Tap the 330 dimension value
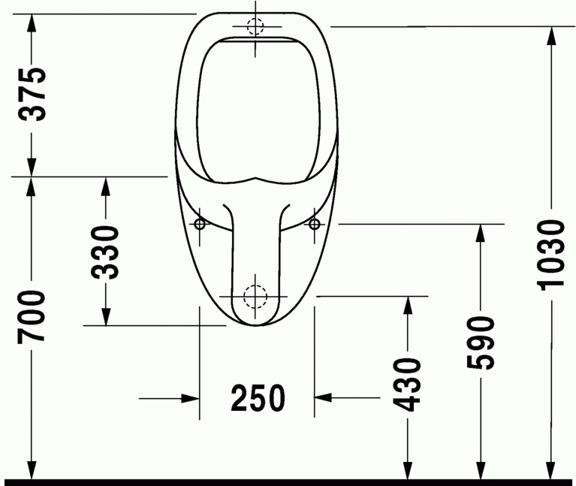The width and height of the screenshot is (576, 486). coord(106,252)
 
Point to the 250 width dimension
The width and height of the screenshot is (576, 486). coord(258,398)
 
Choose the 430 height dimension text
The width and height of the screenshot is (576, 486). coord(408,385)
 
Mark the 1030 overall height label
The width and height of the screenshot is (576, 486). coord(551,254)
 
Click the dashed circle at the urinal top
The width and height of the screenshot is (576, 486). coord(256,27)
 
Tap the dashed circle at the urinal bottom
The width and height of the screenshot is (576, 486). coord(256,297)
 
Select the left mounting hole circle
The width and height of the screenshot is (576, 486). coord(200,224)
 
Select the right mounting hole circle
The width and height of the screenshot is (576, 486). coord(314,224)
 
